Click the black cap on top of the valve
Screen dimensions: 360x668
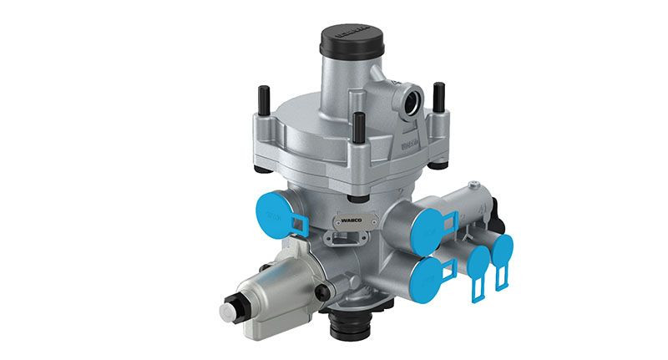point(346,46)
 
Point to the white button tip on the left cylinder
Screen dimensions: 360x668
point(226,312)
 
